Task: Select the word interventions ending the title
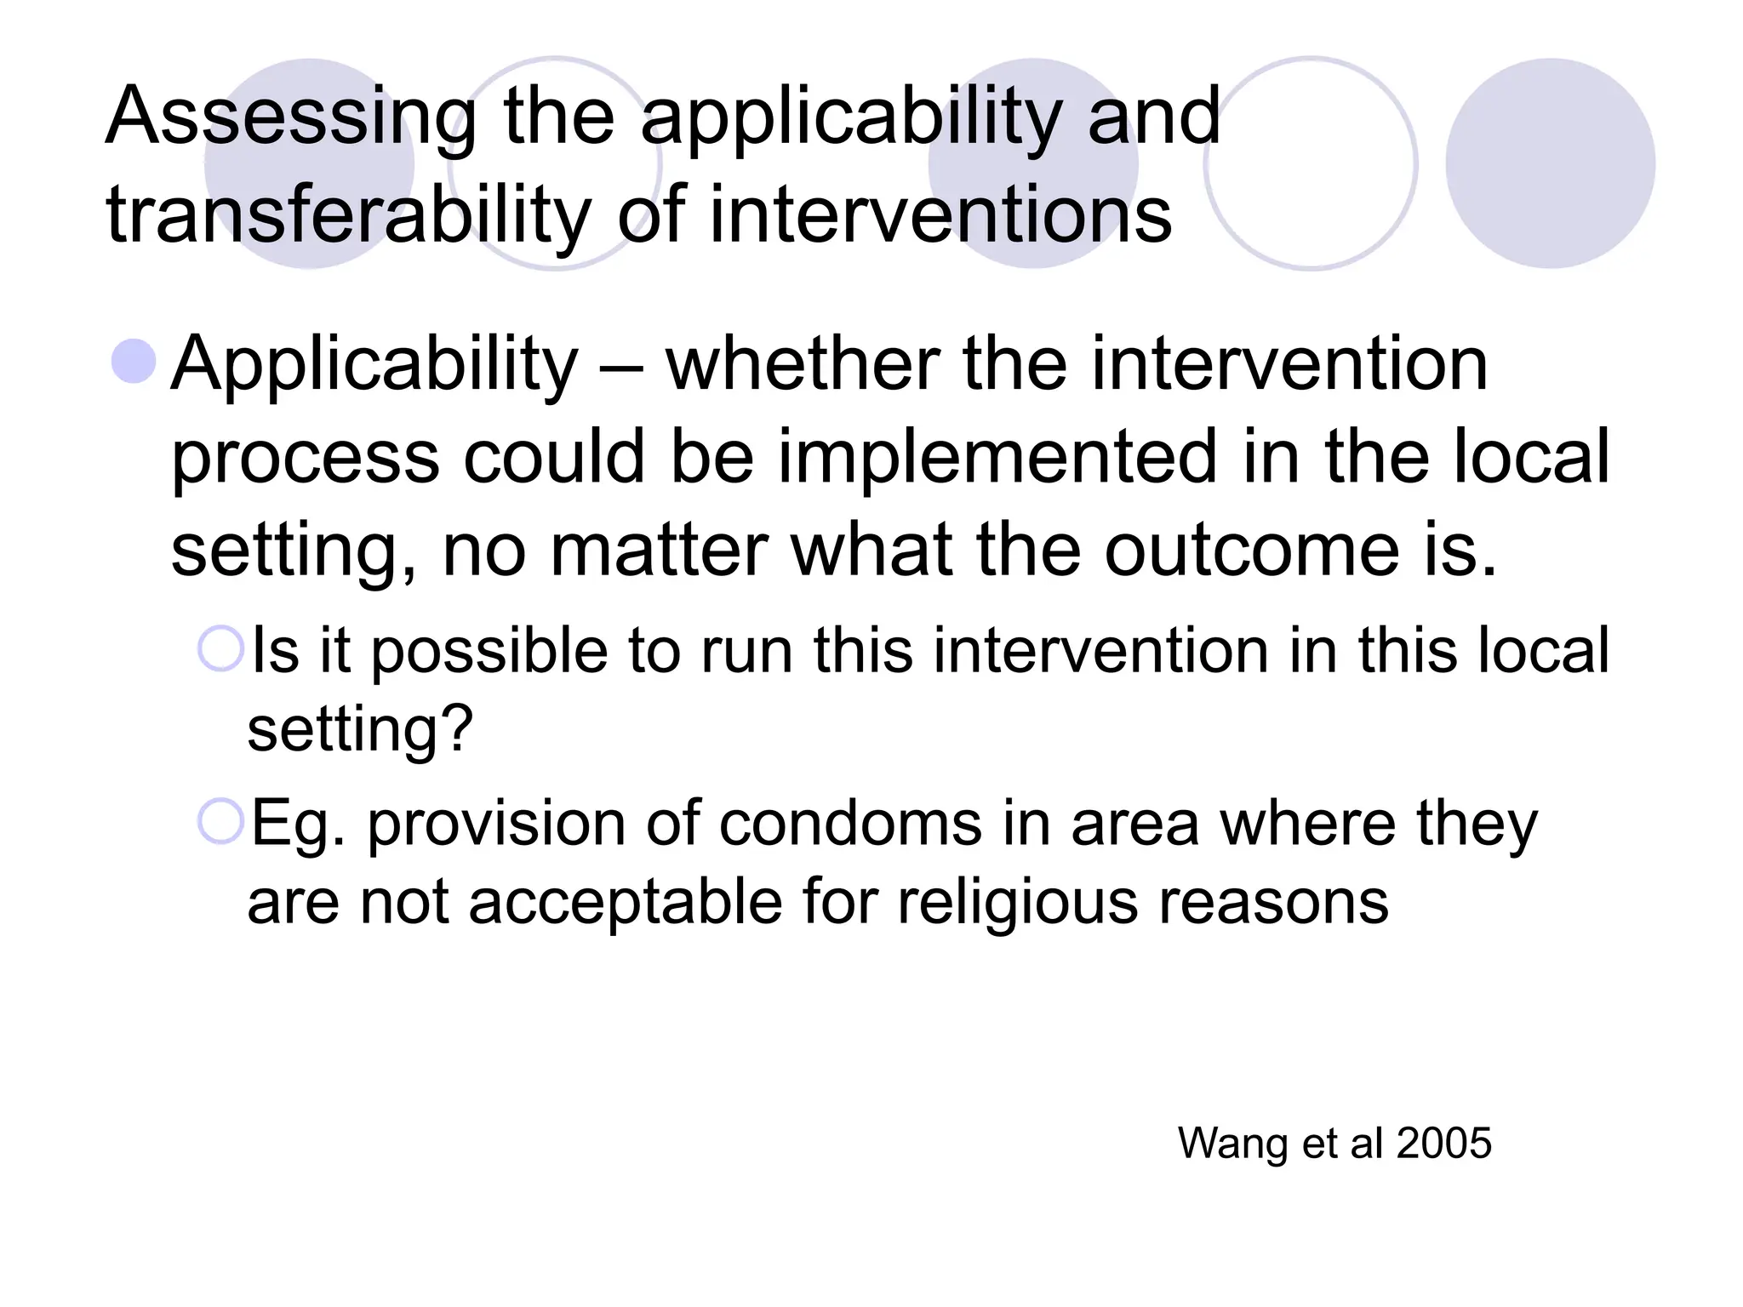coord(940,214)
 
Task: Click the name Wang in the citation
coord(1232,1144)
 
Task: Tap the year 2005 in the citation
coord(1443,1143)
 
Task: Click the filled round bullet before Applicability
coord(134,361)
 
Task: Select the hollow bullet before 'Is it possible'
coord(220,649)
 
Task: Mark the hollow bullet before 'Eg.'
coord(220,821)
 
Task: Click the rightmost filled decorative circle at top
coord(1550,163)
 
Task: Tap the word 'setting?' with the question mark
coord(360,730)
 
